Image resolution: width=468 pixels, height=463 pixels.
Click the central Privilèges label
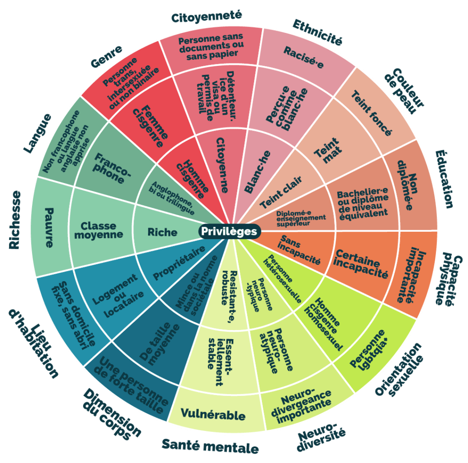point(229,231)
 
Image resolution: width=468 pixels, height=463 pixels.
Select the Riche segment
point(162,232)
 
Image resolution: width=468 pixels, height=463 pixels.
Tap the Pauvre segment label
point(49,228)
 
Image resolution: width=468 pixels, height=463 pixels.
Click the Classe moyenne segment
point(102,230)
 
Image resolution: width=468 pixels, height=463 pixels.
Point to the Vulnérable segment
point(213,415)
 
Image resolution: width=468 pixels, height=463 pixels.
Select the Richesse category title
point(15,219)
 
